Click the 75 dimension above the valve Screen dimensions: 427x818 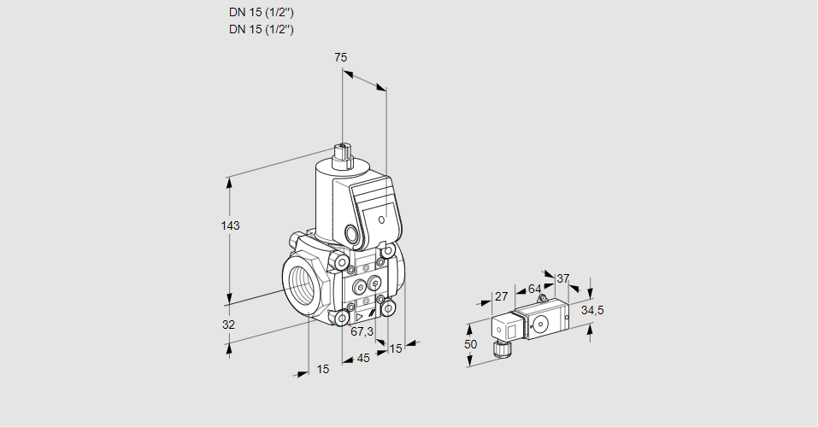point(340,57)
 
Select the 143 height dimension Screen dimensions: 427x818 point(230,225)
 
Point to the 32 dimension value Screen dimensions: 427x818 point(228,325)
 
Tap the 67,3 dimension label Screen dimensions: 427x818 point(362,331)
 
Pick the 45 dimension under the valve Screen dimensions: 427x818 point(363,358)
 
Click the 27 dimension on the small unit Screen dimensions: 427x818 point(501,297)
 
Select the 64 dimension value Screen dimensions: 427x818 point(534,289)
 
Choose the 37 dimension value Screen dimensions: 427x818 point(562,279)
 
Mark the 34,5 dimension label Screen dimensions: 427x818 point(592,310)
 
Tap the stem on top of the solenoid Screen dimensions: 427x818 point(343,155)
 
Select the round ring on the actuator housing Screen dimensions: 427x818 point(351,234)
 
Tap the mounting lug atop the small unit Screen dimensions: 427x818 point(543,299)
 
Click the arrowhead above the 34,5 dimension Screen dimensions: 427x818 point(590,291)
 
